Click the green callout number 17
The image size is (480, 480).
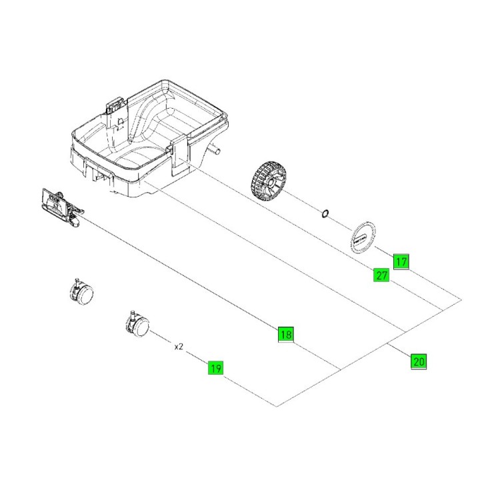[401, 261]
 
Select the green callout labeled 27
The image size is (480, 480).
[381, 275]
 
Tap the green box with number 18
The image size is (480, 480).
[285, 335]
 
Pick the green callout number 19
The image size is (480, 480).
[215, 367]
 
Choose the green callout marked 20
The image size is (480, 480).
[418, 362]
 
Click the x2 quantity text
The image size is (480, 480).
[179, 347]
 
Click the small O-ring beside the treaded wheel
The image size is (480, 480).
[325, 213]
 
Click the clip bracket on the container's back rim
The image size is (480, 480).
[115, 106]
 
